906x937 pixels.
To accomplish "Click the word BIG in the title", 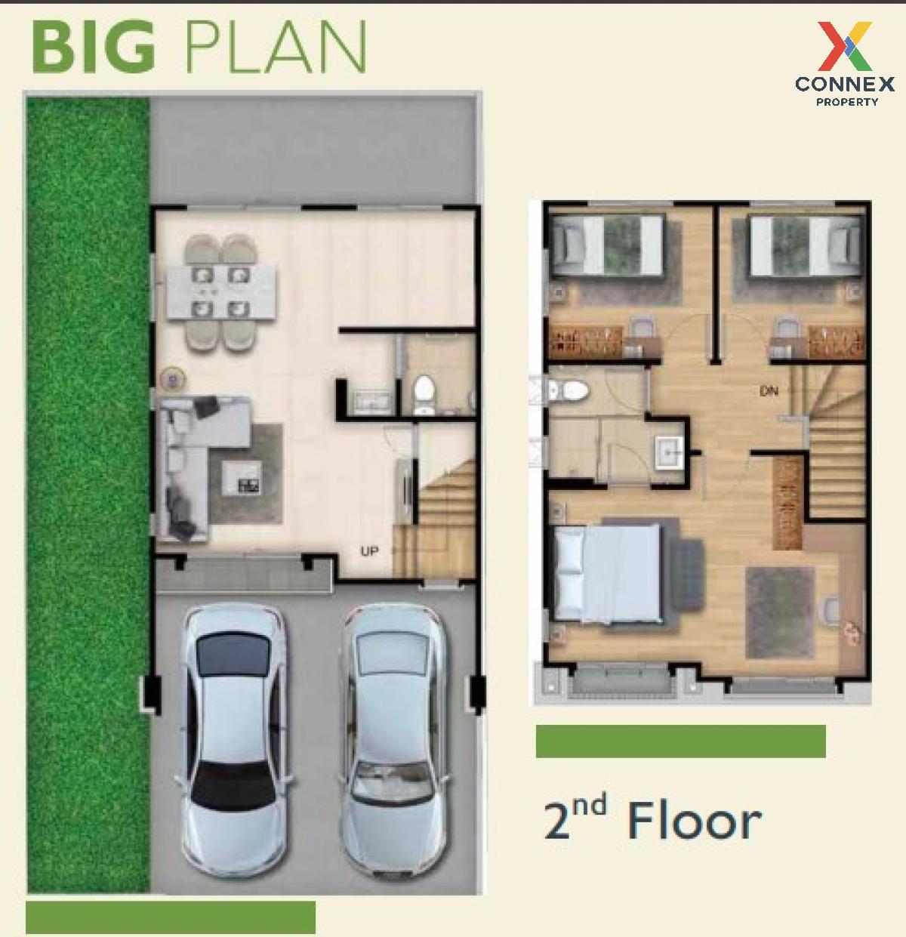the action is (94, 47).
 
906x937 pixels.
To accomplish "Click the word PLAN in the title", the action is (275, 47).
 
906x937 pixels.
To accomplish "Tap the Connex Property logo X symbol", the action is (845, 46).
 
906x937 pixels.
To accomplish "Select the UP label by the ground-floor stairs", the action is (369, 552).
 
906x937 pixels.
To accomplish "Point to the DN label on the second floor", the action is (769, 391).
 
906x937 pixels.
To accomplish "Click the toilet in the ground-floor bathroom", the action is (424, 394).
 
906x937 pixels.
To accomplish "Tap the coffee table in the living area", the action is (242, 477).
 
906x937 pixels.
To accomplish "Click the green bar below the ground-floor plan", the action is (171, 917).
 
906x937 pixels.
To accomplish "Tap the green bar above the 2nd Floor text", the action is (681, 741).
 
